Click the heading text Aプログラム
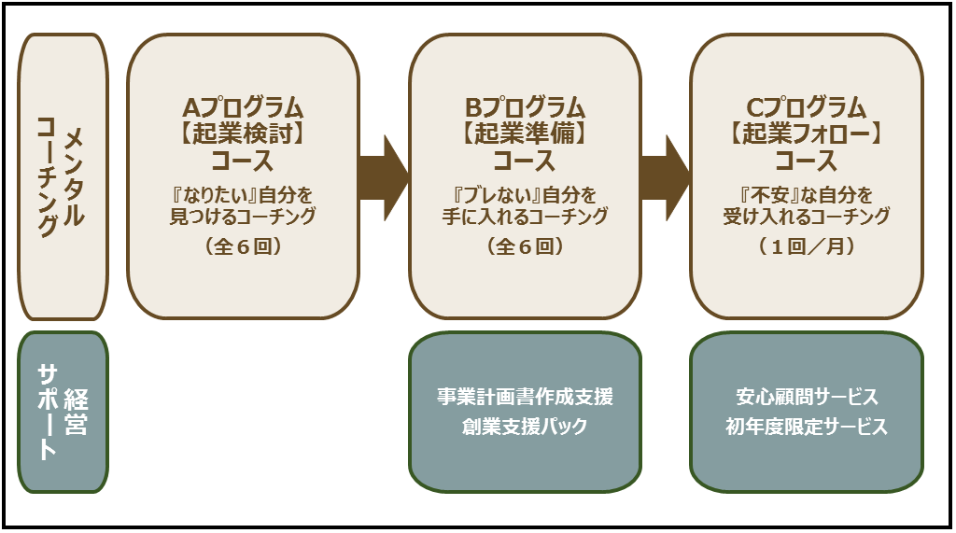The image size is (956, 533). (243, 107)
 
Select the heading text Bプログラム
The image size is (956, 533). (525, 107)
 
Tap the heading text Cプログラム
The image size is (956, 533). (807, 107)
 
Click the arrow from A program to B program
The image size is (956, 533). (384, 175)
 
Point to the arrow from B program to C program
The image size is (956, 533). (666, 175)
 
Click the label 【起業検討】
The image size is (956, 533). (243, 133)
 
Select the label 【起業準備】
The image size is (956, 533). (525, 133)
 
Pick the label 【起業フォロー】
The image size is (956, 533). (807, 133)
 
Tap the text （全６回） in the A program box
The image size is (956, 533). (243, 248)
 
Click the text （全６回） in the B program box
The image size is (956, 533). (525, 248)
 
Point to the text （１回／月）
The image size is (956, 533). (807, 248)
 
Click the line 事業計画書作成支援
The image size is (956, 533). (525, 398)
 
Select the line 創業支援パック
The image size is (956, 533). (525, 428)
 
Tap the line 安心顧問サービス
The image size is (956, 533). (807, 398)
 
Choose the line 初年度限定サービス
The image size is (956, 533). (807, 428)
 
